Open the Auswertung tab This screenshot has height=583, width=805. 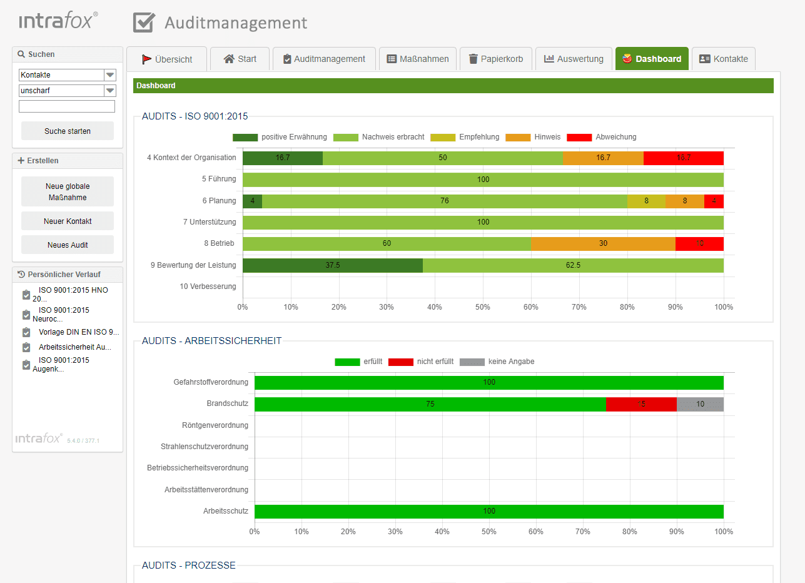point(573,59)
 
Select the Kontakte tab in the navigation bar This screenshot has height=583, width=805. point(723,59)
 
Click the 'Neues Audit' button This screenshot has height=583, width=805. point(68,245)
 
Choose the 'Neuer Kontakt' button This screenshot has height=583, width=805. point(68,221)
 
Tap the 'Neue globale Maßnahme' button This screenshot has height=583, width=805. point(68,191)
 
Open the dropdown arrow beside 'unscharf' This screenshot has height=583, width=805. point(110,91)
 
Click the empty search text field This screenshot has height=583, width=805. point(67,106)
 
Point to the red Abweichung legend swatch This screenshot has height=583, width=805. point(579,137)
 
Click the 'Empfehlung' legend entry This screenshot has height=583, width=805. point(478,137)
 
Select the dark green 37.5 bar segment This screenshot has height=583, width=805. point(332,265)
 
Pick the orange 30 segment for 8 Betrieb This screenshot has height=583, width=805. point(603,243)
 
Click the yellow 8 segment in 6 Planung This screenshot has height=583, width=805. point(646,201)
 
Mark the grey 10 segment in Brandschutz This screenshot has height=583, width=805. point(700,404)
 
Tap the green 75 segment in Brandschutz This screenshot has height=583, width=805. point(430,404)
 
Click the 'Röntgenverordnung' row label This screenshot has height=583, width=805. point(215,425)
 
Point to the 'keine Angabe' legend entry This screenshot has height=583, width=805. point(511,362)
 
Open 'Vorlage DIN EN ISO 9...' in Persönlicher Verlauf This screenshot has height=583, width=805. point(78,332)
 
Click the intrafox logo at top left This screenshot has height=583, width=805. point(58,21)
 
